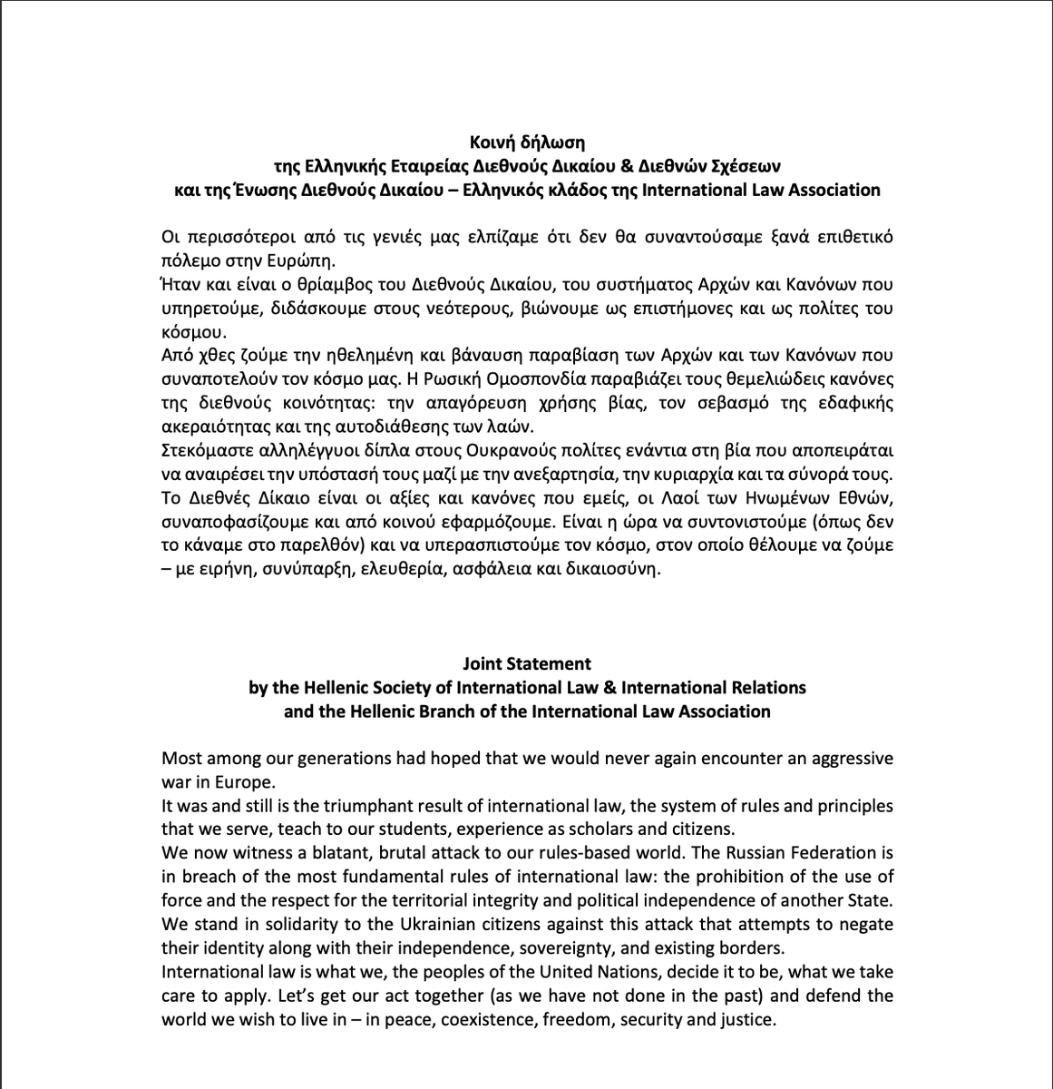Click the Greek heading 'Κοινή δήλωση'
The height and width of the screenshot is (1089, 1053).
(x=526, y=142)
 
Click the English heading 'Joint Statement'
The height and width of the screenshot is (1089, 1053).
(x=526, y=663)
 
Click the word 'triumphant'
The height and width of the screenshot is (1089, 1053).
(x=394, y=806)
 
